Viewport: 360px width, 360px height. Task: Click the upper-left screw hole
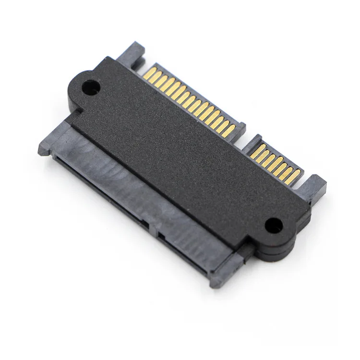(90, 88)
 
